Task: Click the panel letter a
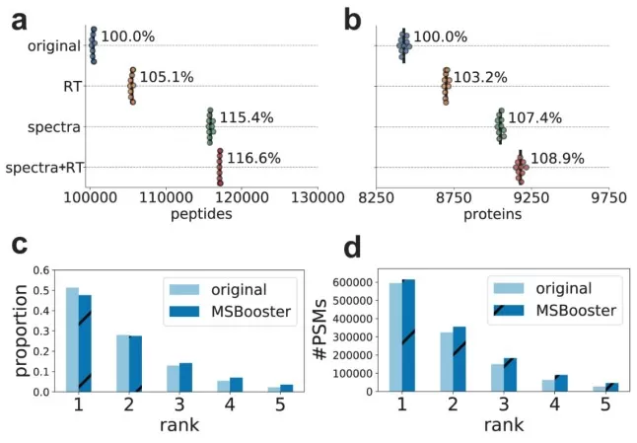(x=19, y=20)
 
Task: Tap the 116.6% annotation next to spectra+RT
(x=253, y=158)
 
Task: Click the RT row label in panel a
(x=72, y=87)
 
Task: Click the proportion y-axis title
(x=15, y=331)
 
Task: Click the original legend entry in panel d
(x=565, y=288)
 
